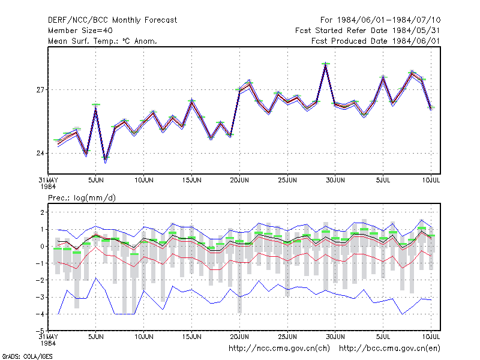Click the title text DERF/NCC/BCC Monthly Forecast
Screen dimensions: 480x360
point(112,20)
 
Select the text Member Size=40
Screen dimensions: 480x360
point(80,31)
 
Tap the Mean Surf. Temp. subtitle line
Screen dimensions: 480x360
point(103,41)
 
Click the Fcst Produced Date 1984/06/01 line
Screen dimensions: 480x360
point(376,41)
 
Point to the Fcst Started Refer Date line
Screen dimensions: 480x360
point(368,31)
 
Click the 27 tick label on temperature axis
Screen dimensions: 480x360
point(40,89)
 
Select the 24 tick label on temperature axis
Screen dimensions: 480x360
point(40,153)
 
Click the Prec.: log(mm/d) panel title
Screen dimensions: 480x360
point(82,198)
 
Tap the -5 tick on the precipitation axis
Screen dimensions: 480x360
point(40,331)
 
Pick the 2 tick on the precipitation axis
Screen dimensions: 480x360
point(42,212)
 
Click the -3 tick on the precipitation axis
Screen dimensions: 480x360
point(40,297)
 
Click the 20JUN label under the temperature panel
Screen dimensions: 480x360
point(239,180)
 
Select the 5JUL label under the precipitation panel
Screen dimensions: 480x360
point(383,337)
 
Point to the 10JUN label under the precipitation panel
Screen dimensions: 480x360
point(144,337)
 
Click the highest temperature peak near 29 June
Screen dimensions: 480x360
point(326,64)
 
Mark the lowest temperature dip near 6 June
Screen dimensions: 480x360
point(106,161)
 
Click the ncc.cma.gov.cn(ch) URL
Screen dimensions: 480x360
point(279,349)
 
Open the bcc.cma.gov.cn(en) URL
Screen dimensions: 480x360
point(389,349)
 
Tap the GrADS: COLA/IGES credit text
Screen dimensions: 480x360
point(27,356)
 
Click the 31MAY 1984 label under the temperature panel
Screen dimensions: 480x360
point(48,183)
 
